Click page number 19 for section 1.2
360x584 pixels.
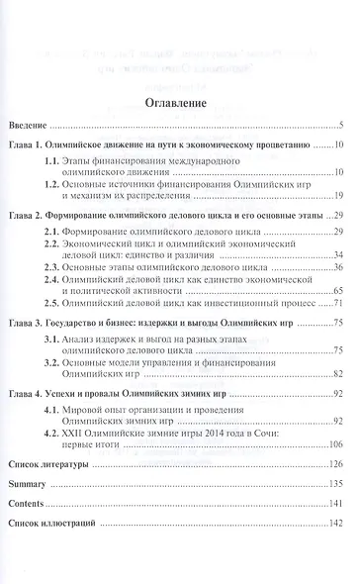coord(338,197)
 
